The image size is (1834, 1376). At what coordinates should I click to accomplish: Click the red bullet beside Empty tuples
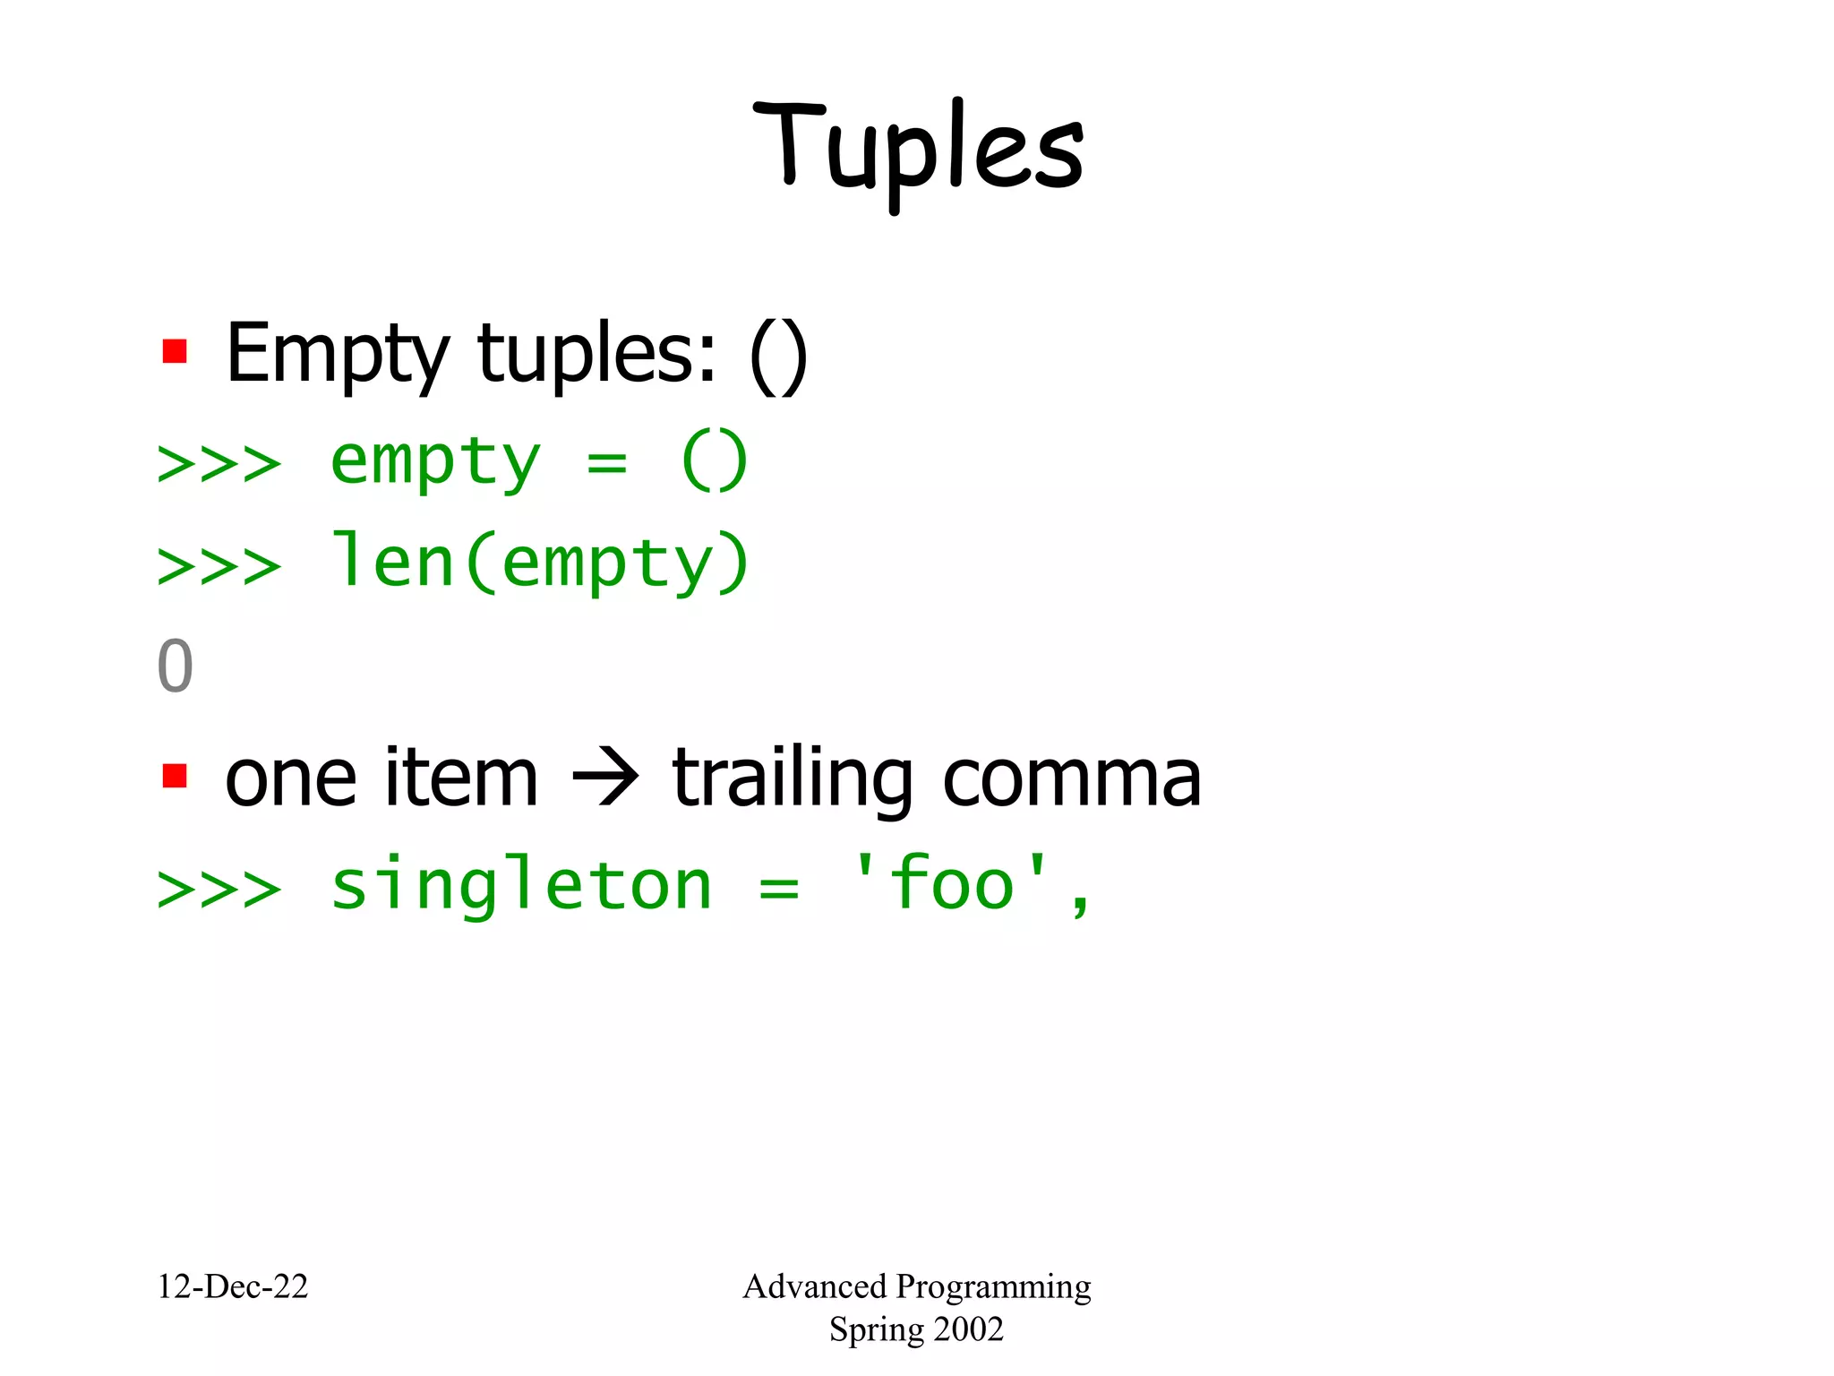point(175,351)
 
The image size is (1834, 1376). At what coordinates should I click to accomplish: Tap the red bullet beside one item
point(175,776)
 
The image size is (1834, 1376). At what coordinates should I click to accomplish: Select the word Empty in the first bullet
point(337,355)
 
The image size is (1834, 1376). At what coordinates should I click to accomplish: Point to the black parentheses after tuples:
point(778,356)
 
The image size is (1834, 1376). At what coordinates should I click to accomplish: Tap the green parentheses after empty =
point(714,460)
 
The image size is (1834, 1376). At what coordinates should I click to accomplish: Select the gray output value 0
point(175,666)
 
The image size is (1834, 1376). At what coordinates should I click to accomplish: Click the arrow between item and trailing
point(605,778)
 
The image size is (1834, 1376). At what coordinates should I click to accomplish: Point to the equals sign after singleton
point(778,888)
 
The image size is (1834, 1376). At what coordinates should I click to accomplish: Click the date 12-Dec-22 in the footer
point(233,1287)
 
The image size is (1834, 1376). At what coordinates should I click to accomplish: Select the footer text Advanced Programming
point(917,1287)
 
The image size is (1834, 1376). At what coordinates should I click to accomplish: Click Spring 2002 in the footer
point(916,1329)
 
